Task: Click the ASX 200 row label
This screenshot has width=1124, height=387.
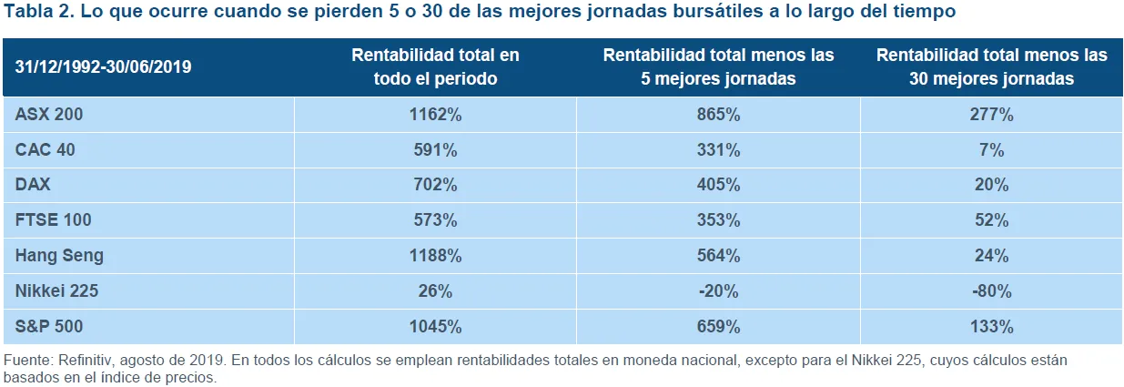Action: pos(49,115)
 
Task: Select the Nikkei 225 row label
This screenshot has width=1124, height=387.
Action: pos(56,291)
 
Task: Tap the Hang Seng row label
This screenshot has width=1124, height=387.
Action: pos(59,256)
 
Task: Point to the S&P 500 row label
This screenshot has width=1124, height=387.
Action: pos(49,327)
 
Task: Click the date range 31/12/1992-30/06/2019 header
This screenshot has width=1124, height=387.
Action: pos(104,66)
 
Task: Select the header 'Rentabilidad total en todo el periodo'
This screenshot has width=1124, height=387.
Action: pos(436,66)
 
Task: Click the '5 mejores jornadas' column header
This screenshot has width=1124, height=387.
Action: pos(719,66)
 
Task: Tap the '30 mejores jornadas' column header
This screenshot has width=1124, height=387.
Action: pos(992,66)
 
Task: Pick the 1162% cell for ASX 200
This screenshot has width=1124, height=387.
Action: pos(436,115)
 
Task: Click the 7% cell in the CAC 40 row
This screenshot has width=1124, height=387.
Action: pos(992,150)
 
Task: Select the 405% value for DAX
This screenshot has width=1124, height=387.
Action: pos(719,185)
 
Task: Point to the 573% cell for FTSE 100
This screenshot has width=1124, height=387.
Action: pos(436,220)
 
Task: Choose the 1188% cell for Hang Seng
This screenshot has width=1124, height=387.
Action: pos(436,256)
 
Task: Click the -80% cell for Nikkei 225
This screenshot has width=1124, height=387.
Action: pos(992,291)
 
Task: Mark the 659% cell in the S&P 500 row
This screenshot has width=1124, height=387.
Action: pos(719,327)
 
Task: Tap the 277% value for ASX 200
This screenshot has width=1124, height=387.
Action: pos(992,115)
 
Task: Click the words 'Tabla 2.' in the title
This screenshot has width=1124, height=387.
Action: pos(39,11)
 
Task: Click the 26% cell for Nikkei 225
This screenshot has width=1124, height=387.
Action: pos(436,291)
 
